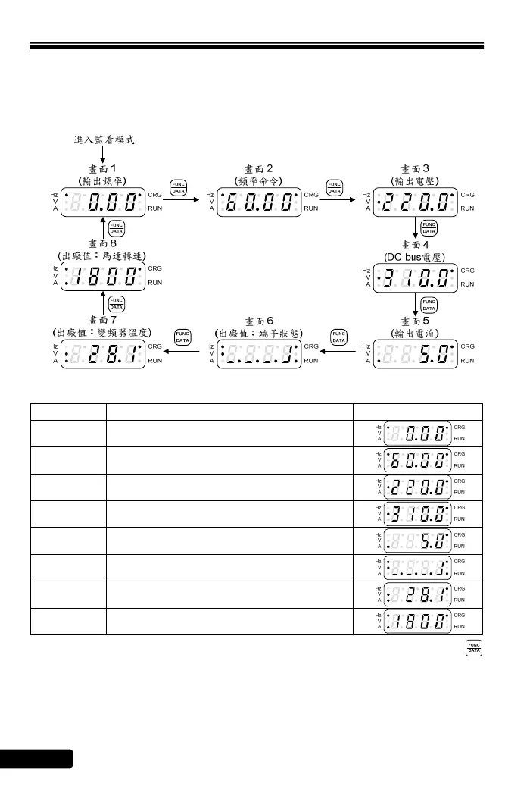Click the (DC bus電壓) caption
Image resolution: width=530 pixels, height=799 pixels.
[415, 257]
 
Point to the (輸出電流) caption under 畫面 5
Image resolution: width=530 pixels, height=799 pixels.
[415, 333]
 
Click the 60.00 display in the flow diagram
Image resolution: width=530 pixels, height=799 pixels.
[259, 202]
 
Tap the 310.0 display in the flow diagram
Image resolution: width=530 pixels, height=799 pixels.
[415, 278]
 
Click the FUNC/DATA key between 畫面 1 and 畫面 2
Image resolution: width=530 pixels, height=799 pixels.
[178, 188]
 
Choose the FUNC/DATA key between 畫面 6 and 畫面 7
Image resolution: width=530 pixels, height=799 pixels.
[182, 338]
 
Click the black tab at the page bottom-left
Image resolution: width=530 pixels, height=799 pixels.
[36, 759]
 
